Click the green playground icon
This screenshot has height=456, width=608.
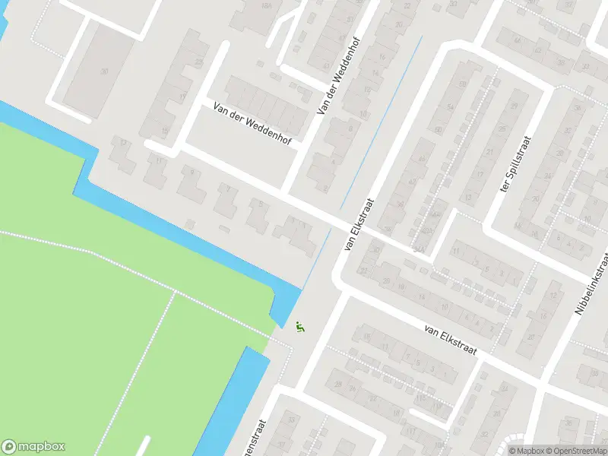tap(300, 327)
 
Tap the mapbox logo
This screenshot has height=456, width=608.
tap(33, 447)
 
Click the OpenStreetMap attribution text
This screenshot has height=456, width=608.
tap(578, 451)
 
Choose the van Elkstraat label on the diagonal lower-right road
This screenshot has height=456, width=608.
tap(450, 340)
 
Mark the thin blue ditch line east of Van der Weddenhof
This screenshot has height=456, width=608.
tap(380, 122)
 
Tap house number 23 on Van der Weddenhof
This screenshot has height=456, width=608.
tap(200, 62)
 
